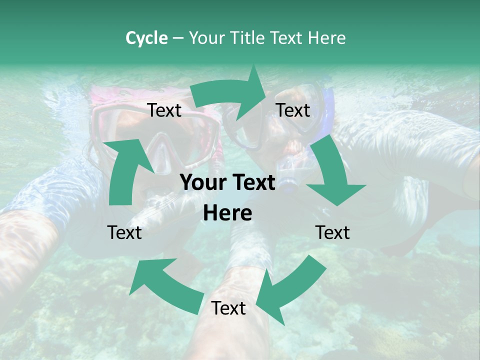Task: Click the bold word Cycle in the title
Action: pyautogui.click(x=146, y=38)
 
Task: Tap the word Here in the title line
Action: pyautogui.click(x=327, y=38)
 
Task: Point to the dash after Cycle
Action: pyautogui.click(x=178, y=38)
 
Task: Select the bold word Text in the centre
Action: pyautogui.click(x=252, y=183)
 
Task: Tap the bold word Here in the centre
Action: pyautogui.click(x=227, y=213)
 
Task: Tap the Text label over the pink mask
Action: pyautogui.click(x=164, y=110)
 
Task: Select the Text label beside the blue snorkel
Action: pyautogui.click(x=293, y=110)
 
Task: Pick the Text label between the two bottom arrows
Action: pyautogui.click(x=228, y=308)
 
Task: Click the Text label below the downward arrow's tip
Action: pyautogui.click(x=332, y=232)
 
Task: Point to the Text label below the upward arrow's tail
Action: pyautogui.click(x=124, y=232)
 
